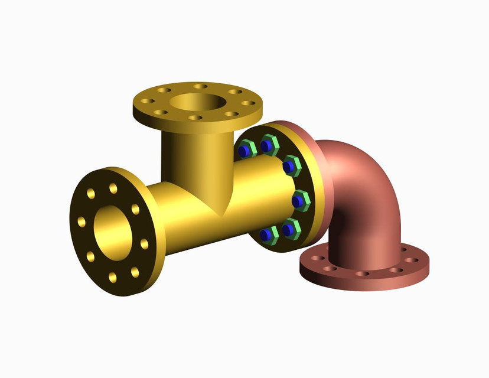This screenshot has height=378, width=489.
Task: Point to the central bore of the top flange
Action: (197, 103)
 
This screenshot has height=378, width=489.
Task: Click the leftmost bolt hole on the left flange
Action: (81, 222)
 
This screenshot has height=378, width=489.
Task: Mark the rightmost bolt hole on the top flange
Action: (248, 103)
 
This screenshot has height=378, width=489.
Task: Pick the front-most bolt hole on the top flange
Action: (197, 118)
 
